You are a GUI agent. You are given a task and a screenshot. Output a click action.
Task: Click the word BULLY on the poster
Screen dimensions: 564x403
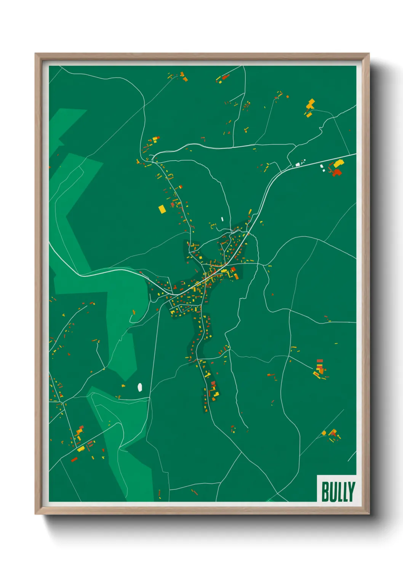point(338,492)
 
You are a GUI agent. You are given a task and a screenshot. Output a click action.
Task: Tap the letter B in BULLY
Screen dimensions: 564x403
point(325,492)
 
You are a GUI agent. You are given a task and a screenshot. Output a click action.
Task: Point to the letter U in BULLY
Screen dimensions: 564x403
point(333,492)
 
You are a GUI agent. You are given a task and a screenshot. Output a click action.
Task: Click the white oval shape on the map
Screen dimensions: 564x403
point(140,387)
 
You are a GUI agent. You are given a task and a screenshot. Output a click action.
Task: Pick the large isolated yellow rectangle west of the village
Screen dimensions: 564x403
point(162,209)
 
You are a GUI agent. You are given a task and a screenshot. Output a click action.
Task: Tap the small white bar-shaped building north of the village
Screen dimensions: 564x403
point(222,219)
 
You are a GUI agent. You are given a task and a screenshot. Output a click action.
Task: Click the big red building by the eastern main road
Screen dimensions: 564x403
point(336,173)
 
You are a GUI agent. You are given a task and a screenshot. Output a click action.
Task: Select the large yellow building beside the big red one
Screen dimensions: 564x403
point(339,163)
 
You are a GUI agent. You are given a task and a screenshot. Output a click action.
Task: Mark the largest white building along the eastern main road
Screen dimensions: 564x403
point(297,165)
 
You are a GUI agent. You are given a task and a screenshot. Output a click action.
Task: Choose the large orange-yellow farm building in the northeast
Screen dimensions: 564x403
point(311,104)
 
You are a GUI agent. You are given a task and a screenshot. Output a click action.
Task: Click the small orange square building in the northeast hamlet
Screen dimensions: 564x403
point(309,114)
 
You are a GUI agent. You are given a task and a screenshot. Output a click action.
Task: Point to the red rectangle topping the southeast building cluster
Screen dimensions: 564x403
point(320,361)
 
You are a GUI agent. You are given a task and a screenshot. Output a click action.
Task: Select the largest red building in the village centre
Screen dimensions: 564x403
point(232,270)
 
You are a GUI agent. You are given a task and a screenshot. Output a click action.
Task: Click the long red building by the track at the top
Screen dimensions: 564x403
point(225,77)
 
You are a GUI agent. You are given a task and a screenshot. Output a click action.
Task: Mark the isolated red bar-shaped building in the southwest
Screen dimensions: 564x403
point(74,460)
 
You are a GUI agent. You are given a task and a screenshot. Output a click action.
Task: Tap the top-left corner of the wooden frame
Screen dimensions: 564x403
point(35,53)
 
